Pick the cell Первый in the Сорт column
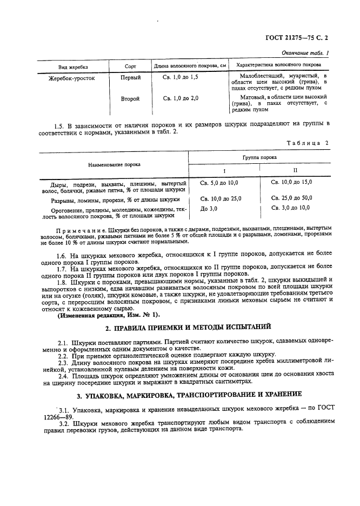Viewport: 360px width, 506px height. tap(130, 78)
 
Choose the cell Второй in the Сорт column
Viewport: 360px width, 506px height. tap(130, 98)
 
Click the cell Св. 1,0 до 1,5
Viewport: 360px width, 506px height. tap(181, 78)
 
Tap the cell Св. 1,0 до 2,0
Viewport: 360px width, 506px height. tap(181, 98)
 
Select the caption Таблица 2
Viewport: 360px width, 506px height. tap(311, 143)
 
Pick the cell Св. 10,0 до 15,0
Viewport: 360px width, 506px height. tap(291, 182)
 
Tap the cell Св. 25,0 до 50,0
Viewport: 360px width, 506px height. tap(291, 198)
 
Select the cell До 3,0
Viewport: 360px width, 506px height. tap(209, 208)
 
